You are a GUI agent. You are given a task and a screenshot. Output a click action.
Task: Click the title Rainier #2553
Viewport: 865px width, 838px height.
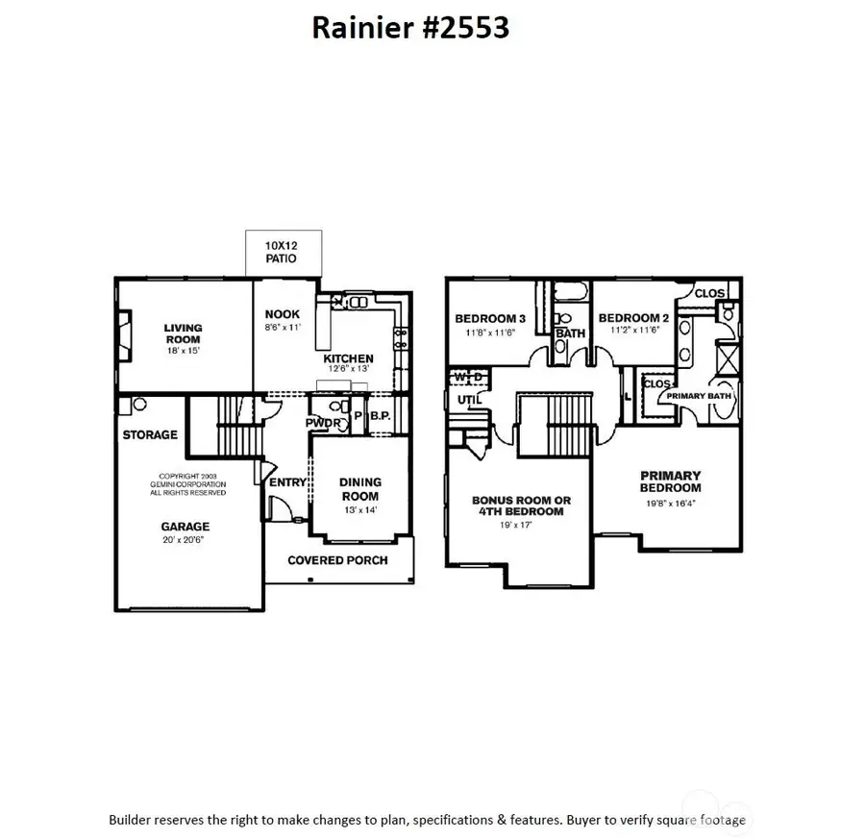pyautogui.click(x=410, y=28)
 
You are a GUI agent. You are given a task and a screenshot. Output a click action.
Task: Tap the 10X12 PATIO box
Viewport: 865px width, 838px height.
pyautogui.click(x=281, y=253)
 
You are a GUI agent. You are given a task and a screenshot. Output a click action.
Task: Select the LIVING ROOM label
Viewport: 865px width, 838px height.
pyautogui.click(x=183, y=333)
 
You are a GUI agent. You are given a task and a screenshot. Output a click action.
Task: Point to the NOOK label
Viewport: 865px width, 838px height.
pyautogui.click(x=283, y=314)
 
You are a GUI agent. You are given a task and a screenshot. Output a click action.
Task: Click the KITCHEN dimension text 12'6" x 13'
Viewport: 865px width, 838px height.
pyautogui.click(x=348, y=369)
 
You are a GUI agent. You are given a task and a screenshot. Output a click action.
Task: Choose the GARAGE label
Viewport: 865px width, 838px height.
pyautogui.click(x=185, y=527)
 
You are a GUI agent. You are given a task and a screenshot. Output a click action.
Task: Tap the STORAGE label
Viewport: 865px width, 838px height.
pyautogui.click(x=150, y=435)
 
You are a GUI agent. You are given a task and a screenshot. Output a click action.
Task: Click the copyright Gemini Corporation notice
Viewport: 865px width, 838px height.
pyautogui.click(x=192, y=484)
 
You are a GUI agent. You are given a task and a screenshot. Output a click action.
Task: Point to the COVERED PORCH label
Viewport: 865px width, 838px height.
pyautogui.click(x=337, y=560)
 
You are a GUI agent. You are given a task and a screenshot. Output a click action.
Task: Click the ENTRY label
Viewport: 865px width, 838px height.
pyautogui.click(x=287, y=482)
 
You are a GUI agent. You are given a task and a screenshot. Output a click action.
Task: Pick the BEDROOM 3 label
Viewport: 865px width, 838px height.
pyautogui.click(x=490, y=319)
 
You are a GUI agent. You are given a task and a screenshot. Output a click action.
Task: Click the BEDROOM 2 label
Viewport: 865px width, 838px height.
pyautogui.click(x=633, y=318)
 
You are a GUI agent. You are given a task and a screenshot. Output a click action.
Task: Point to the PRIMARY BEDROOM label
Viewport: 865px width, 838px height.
pyautogui.click(x=671, y=481)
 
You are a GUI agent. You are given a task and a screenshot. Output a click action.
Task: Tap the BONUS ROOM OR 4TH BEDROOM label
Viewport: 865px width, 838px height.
pyautogui.click(x=521, y=506)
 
